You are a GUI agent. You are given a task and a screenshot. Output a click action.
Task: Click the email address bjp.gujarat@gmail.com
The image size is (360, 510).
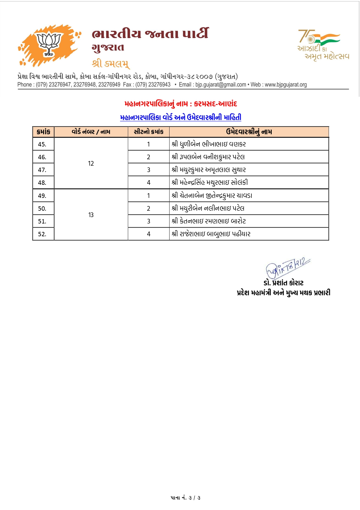click(221, 85)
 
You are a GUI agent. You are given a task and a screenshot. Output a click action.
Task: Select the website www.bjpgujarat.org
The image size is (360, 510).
click(286, 85)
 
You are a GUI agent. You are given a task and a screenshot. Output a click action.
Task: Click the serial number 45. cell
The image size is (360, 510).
click(42, 144)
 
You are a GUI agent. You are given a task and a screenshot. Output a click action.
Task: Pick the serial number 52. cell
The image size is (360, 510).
click(42, 234)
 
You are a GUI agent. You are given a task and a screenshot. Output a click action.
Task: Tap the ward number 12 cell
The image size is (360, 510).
click(91, 163)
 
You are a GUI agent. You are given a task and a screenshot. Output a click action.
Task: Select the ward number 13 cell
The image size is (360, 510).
click(91, 215)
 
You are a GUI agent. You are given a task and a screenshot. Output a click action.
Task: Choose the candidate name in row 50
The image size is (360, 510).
click(208, 208)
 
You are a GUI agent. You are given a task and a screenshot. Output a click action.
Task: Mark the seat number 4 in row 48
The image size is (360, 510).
click(149, 182)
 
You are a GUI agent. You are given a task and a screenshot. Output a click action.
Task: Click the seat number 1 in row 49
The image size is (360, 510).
click(149, 196)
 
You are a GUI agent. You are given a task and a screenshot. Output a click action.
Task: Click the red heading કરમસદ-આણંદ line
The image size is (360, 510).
click(181, 104)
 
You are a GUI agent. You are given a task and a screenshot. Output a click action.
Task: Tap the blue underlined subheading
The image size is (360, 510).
click(181, 117)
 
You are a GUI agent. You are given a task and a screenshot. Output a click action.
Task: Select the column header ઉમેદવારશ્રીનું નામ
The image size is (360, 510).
click(249, 132)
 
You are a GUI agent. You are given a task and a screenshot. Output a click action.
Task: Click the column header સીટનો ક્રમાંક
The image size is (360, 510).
click(149, 132)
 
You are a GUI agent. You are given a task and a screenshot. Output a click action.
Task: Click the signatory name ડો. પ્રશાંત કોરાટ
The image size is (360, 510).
click(283, 283)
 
